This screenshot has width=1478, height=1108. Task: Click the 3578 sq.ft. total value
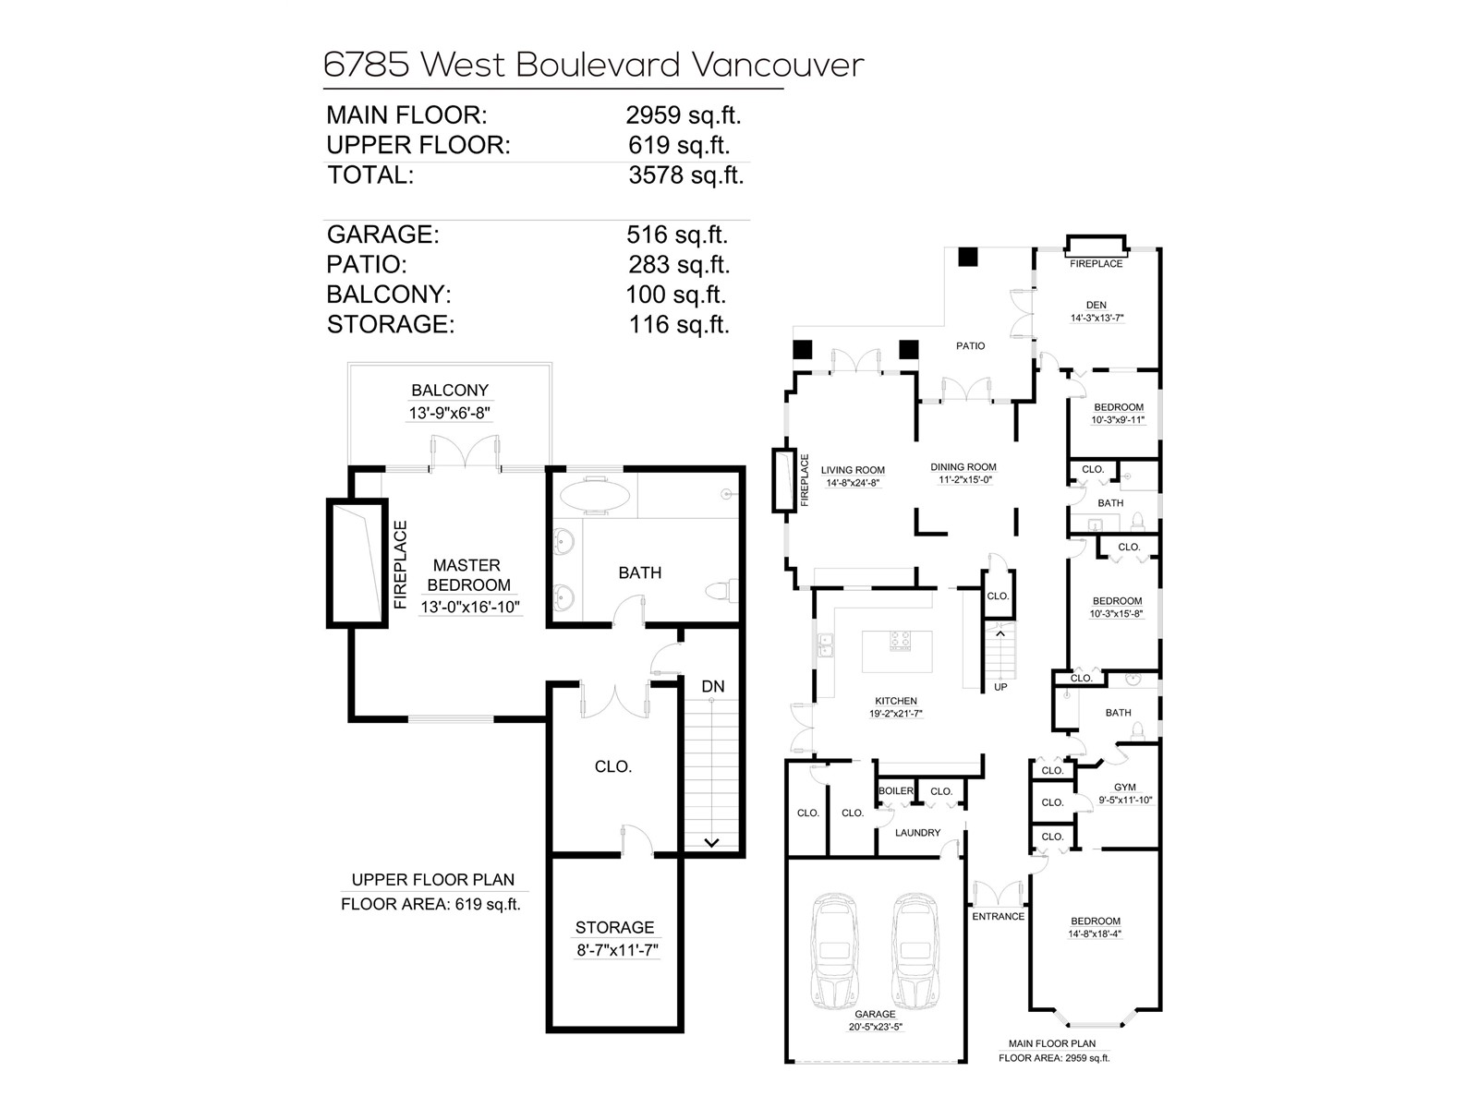[x=685, y=175]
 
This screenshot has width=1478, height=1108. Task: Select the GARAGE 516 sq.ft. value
[x=676, y=235]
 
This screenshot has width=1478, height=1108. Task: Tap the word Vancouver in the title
[x=778, y=65]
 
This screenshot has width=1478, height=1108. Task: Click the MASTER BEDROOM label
[x=467, y=574]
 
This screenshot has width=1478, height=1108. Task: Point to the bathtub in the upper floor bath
[x=595, y=496]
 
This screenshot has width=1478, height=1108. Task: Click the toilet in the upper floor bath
[x=721, y=590]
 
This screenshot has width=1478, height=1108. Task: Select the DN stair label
[x=713, y=686]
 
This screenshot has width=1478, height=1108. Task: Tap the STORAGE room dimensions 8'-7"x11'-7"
[x=615, y=949]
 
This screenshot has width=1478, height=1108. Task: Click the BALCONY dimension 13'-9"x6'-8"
[x=450, y=413]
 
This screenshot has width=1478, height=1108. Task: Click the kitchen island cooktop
[x=900, y=639]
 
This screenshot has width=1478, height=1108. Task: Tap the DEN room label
[x=1096, y=305]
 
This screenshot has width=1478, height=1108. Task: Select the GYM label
[x=1125, y=788]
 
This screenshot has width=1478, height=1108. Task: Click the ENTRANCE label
[x=998, y=916]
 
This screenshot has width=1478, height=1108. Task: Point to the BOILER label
[x=895, y=791]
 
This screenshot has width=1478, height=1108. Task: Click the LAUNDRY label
[x=917, y=833]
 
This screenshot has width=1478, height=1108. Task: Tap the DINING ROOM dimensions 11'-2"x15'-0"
[x=963, y=480]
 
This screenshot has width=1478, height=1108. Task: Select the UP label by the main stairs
[x=1000, y=687]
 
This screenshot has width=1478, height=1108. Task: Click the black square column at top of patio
[x=967, y=258]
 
